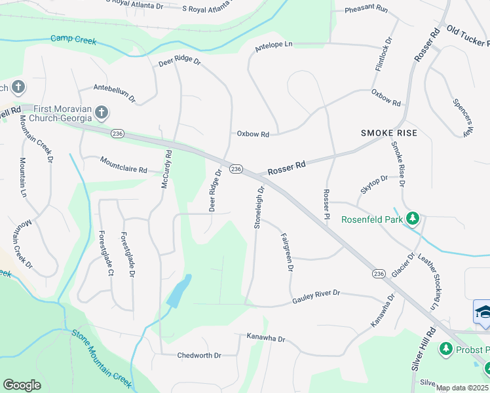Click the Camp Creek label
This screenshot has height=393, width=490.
tap(73, 41)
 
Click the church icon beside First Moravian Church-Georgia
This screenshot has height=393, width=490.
tap(101, 113)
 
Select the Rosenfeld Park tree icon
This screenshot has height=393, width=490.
tap(413, 218)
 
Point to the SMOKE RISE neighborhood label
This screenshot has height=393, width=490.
tap(388, 133)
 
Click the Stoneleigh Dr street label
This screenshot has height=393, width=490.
tap(259, 207)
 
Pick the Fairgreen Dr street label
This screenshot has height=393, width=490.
tap(286, 252)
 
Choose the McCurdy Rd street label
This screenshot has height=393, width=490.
tap(166, 170)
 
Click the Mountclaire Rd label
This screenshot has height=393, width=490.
tap(123, 164)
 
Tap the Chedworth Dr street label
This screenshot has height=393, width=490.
tap(199, 356)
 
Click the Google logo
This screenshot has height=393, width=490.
tap(22, 385)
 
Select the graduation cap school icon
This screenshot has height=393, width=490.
tap(483, 312)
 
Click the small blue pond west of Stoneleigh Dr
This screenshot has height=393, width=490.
tap(179, 291)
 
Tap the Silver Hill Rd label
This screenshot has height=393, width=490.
tap(424, 348)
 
